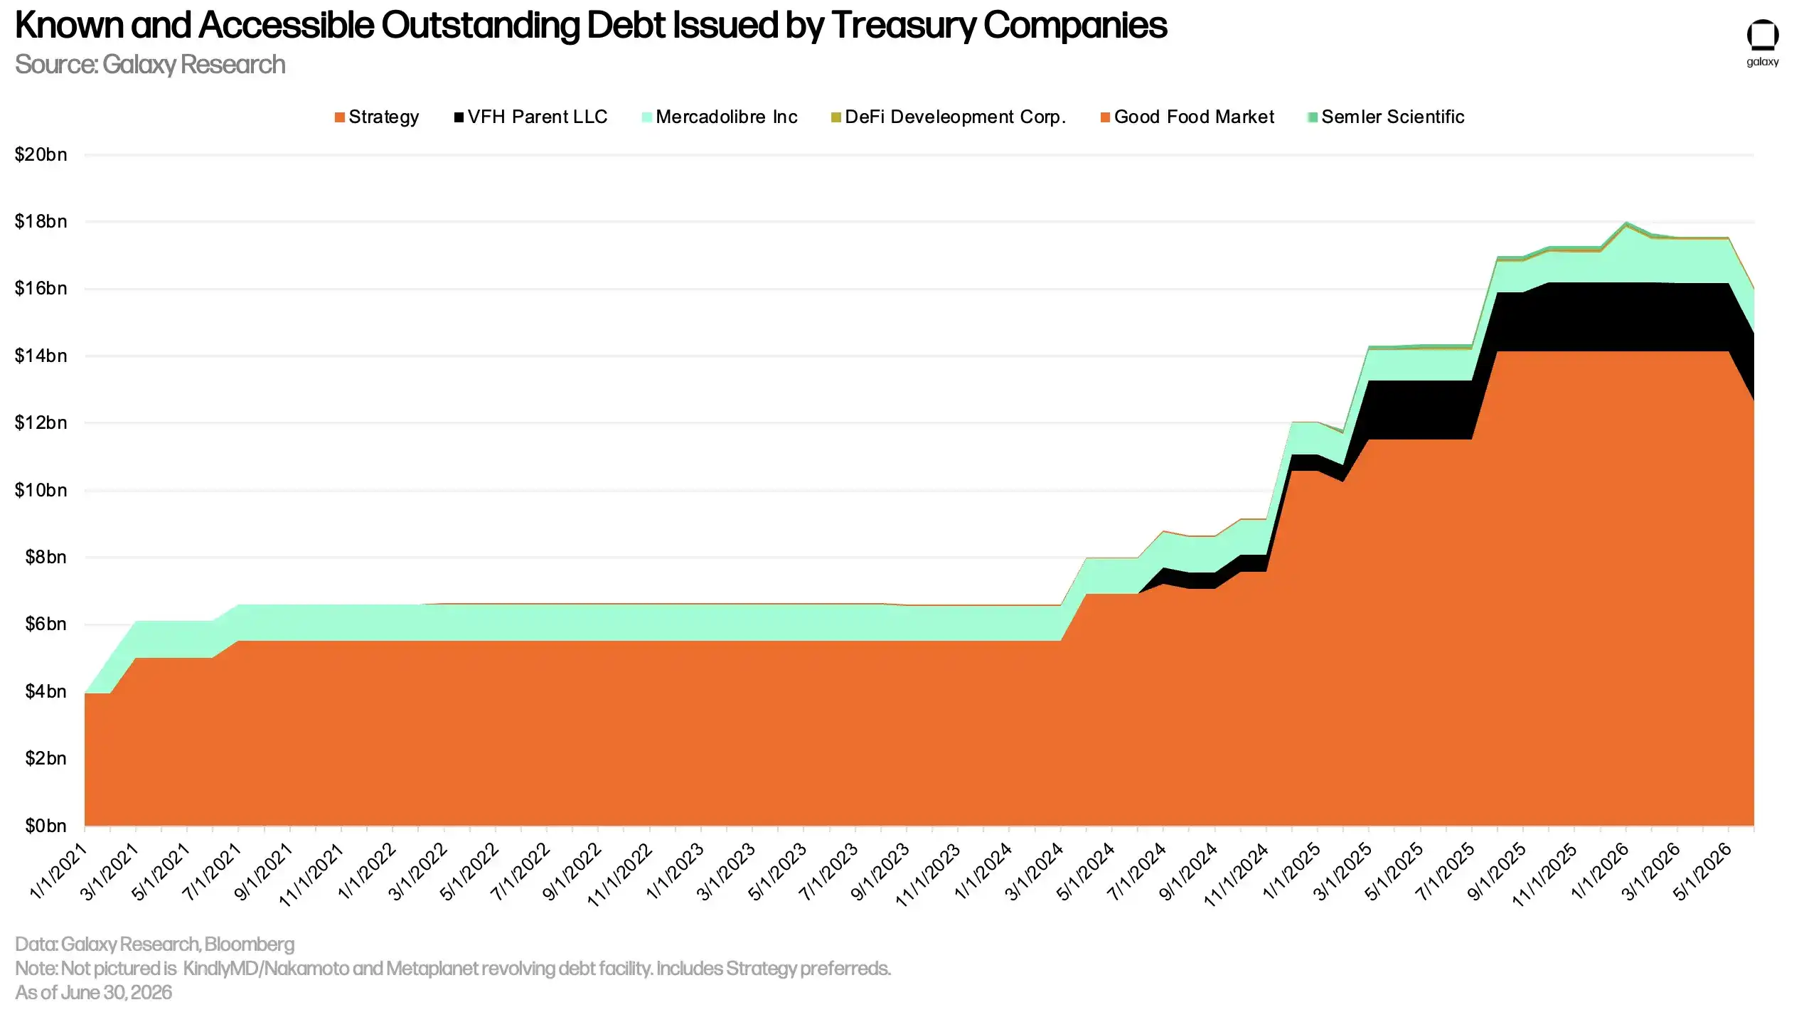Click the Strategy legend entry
point(377,117)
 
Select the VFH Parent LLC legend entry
point(530,117)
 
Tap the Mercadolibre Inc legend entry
point(719,117)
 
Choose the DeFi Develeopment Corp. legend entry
point(949,117)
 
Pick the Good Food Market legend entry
point(1187,117)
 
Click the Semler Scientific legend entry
point(1385,117)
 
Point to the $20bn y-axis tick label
point(41,154)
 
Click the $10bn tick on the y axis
point(41,490)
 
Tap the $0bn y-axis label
point(46,826)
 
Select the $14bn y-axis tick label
point(41,356)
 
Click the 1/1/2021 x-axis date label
point(59,871)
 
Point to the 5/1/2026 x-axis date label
point(1702,871)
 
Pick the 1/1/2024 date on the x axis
point(983,871)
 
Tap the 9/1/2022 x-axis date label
point(572,871)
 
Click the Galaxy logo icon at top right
point(1763,36)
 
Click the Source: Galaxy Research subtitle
point(150,65)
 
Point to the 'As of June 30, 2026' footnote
point(93,992)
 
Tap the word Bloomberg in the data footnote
point(249,944)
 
